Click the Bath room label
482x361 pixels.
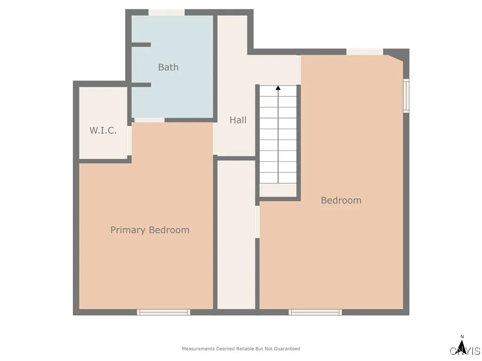(x=168, y=67)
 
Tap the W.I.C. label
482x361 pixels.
(x=103, y=130)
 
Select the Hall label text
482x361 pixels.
(x=238, y=120)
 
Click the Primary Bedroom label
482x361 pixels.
(x=150, y=230)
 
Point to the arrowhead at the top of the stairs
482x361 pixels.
(x=278, y=88)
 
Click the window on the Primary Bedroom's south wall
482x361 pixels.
(x=163, y=312)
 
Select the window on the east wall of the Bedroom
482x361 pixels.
(x=406, y=95)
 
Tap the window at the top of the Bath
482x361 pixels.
(x=166, y=12)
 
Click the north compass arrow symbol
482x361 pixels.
(x=462, y=347)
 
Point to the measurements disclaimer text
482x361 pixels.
(x=241, y=349)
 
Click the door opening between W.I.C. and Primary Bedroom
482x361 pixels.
(x=129, y=141)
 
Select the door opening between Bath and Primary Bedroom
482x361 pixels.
(x=149, y=120)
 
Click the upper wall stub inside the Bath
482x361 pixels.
(x=141, y=45)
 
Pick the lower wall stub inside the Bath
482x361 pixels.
(x=141, y=85)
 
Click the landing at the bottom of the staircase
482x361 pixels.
(x=278, y=190)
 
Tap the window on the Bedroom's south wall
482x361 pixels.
(x=315, y=312)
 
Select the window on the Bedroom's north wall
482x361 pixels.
(x=365, y=52)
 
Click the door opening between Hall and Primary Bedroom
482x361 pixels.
(x=215, y=139)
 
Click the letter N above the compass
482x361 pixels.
(x=462, y=337)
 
